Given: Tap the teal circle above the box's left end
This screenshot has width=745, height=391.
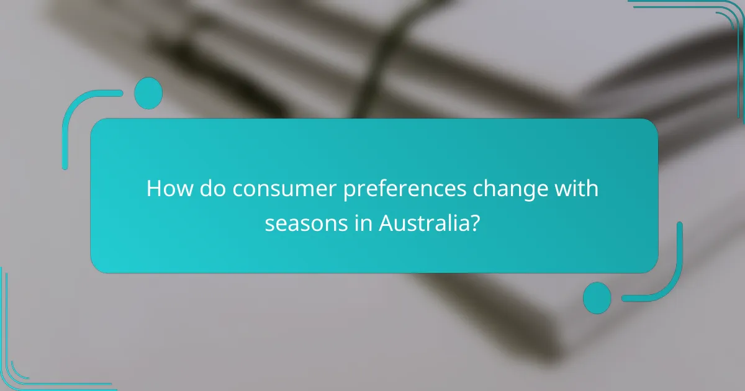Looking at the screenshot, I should point(148,93).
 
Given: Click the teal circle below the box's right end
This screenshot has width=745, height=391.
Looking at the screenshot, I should point(597,297).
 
